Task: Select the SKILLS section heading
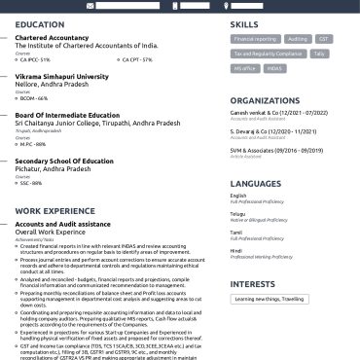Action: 244,24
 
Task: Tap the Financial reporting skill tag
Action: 255,39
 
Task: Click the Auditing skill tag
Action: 298,39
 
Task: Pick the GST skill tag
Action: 324,39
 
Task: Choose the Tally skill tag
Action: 320,54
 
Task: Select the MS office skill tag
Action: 244,69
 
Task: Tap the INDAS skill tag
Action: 274,69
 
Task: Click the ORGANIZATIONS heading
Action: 265,99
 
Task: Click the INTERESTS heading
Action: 252,284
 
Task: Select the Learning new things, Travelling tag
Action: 268,300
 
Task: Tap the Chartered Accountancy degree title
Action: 53,37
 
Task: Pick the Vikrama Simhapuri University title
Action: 62,76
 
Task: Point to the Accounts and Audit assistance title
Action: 63,223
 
